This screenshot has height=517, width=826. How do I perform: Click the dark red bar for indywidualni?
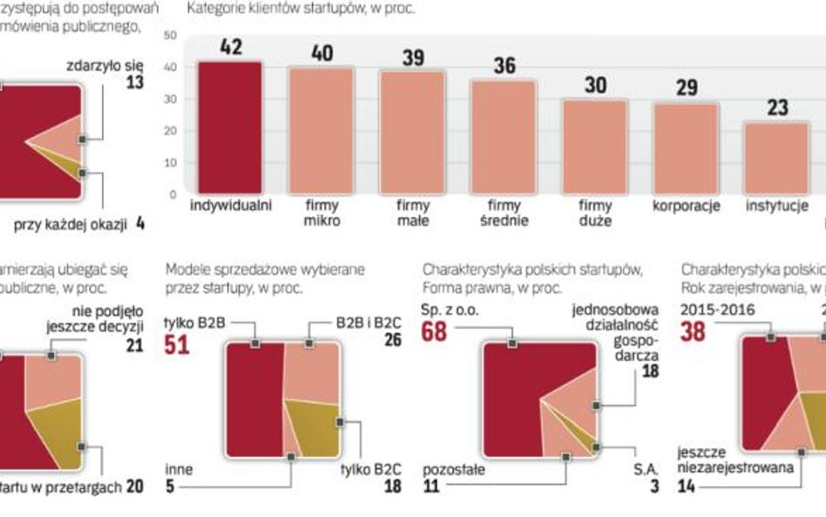[229, 127]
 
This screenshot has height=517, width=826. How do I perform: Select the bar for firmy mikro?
[322, 131]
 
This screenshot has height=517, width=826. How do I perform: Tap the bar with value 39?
[413, 133]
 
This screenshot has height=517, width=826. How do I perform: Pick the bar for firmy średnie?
[504, 137]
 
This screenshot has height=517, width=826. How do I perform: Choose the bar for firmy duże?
[595, 146]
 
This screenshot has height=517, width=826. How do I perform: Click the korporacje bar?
[687, 148]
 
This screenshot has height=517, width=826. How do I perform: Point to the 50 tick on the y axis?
[170, 36]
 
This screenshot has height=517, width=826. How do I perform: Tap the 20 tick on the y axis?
[170, 131]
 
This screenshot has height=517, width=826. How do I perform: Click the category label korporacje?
[687, 207]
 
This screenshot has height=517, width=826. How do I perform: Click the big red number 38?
[695, 332]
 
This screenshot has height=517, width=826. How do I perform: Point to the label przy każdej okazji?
[69, 225]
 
